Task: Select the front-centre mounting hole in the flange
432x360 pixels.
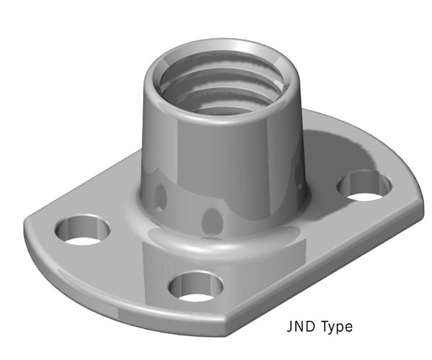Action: [192, 286]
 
